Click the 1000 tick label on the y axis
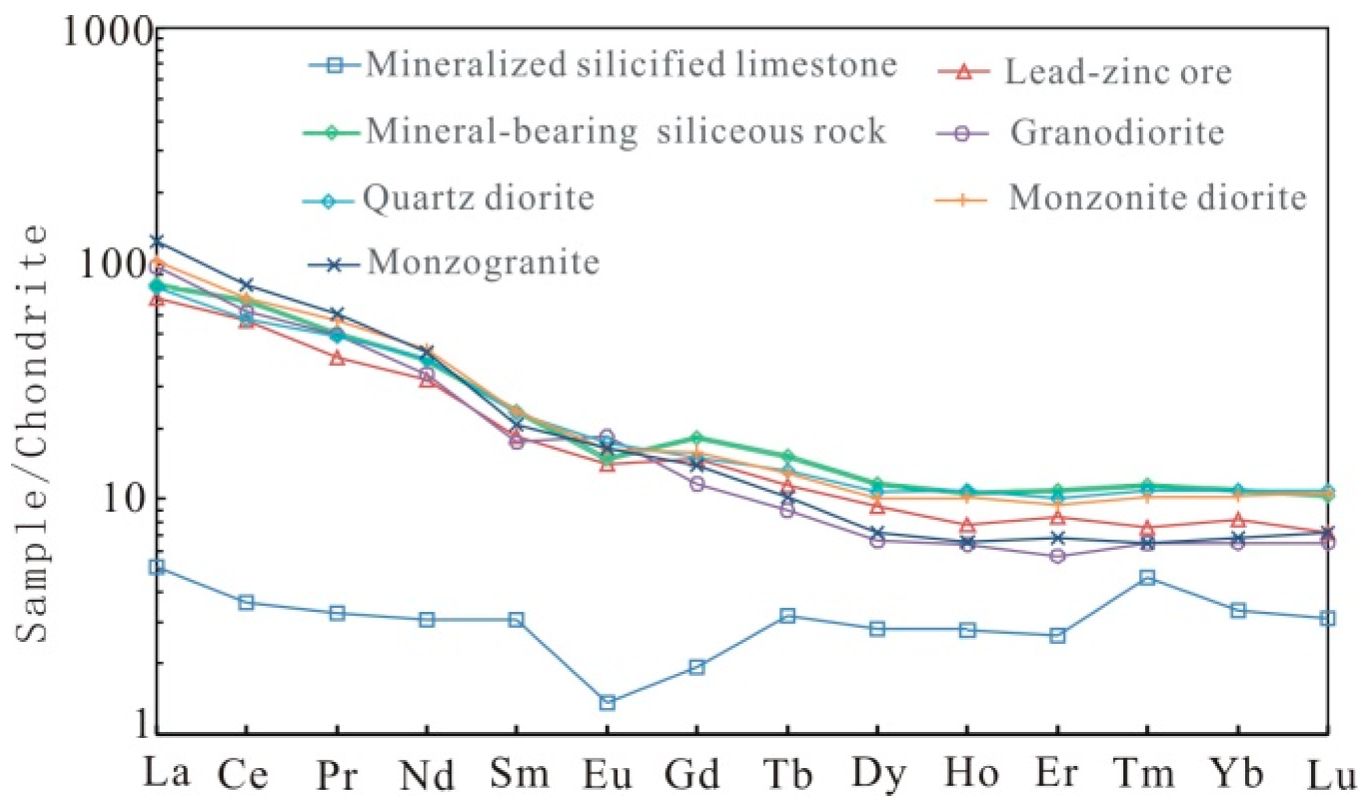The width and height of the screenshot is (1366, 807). (108, 31)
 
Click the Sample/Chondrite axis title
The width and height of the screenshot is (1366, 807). (31, 434)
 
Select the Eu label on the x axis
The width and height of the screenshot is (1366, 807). (607, 775)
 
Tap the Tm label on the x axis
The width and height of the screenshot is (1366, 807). (1145, 775)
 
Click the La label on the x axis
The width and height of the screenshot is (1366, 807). (167, 773)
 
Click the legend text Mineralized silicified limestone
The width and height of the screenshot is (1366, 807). (631, 65)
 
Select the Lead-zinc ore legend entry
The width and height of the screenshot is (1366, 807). (1117, 72)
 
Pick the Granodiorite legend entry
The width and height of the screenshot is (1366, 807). (1117, 133)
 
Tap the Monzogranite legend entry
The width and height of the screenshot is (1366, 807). (483, 262)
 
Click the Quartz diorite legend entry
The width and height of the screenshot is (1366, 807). (479, 197)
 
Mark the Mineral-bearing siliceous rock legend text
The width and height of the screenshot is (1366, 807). (626, 131)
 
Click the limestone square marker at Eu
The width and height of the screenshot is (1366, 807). (607, 703)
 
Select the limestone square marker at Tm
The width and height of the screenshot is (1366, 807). (1147, 577)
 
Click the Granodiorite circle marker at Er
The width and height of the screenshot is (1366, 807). (1058, 556)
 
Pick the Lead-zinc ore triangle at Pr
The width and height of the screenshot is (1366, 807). (337, 358)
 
